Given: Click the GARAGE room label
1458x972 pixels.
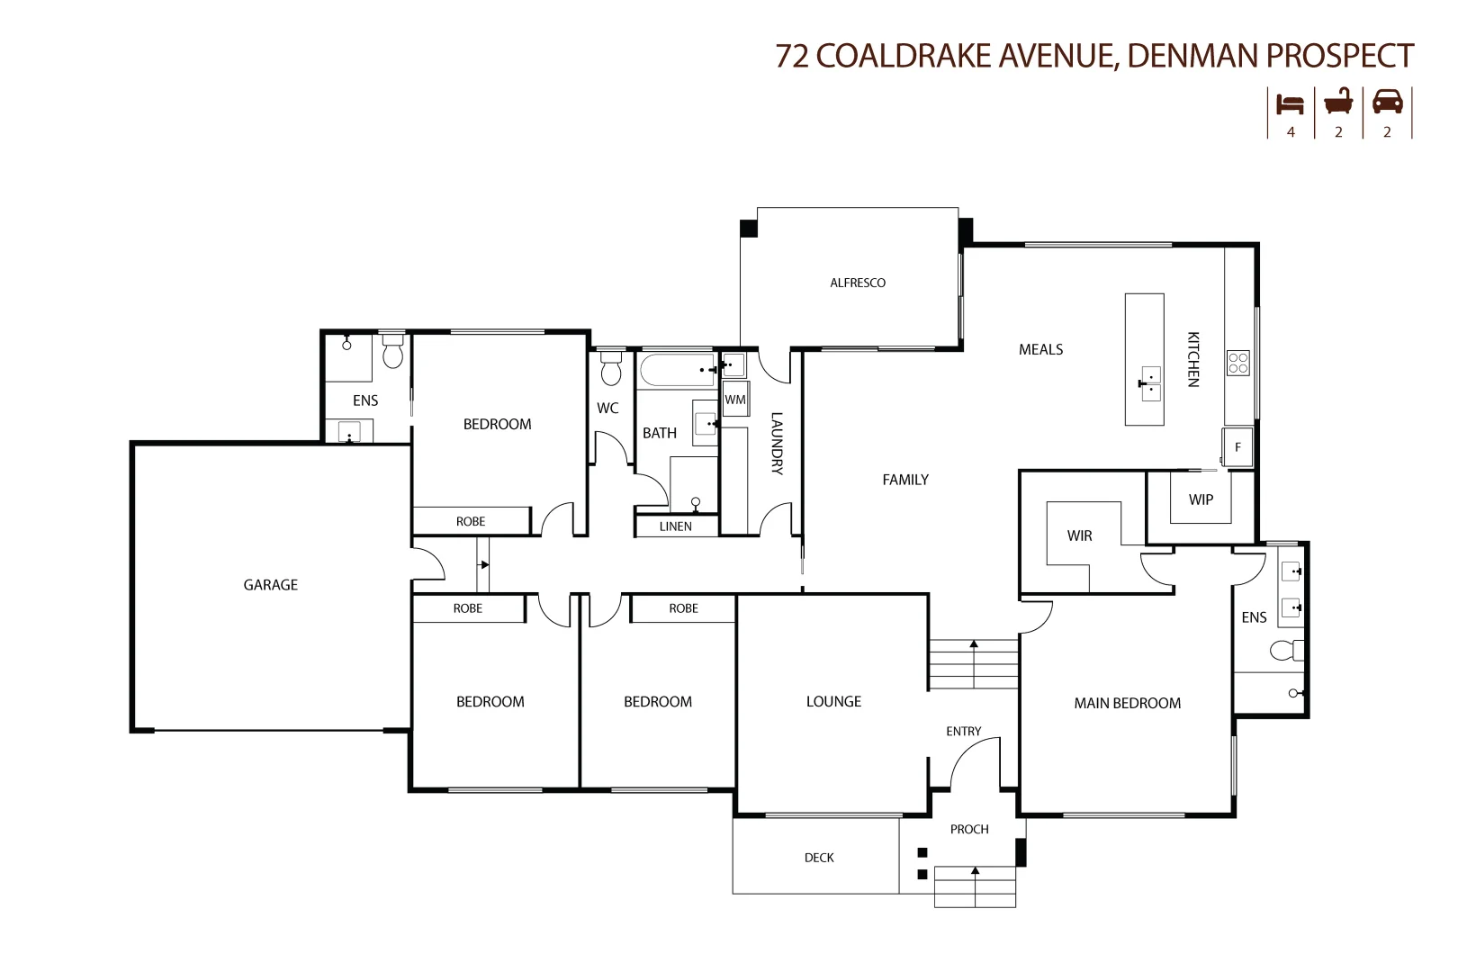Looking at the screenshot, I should [x=270, y=585].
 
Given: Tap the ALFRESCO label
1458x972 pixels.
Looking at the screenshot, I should [x=857, y=283].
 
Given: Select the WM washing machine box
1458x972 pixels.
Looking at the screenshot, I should [x=735, y=400].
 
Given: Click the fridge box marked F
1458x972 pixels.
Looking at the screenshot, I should [x=1237, y=447].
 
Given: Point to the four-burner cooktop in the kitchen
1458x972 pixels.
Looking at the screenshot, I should [x=1237, y=363].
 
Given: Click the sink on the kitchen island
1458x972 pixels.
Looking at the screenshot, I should [x=1150, y=383].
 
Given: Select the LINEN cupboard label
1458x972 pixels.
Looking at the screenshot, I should [x=675, y=526].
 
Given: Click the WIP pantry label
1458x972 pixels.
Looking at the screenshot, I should [x=1201, y=499].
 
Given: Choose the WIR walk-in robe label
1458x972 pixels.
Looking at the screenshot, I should [x=1079, y=535].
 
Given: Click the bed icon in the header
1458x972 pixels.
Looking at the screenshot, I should [x=1290, y=104].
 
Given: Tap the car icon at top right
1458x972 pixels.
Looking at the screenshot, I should [x=1387, y=102].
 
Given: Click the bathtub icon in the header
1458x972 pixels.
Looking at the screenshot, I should [x=1338, y=103].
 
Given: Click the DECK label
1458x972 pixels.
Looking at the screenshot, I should [x=818, y=858].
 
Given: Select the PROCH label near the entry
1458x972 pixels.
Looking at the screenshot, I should [x=968, y=829].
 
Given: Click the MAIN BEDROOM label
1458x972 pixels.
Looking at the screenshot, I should [x=1127, y=703].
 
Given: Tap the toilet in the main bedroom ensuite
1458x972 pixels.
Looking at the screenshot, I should [x=1285, y=650].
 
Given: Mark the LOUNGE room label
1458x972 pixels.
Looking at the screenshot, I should [x=833, y=701].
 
